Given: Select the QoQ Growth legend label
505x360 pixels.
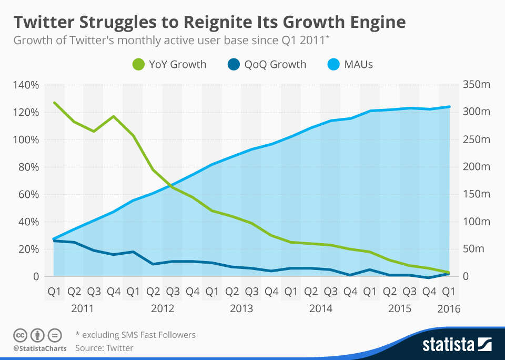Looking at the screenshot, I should click(275, 65).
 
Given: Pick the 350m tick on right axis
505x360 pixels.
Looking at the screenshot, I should click(476, 85).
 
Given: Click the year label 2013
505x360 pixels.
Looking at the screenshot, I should click(241, 308).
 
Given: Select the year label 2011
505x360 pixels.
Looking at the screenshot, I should click(83, 308).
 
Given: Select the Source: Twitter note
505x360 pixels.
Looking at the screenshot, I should click(104, 348).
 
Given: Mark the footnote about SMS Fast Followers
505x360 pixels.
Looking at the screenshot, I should click(136, 335).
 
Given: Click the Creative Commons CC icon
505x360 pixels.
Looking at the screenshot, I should click(19, 335).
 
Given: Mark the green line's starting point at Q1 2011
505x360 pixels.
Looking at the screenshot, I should click(54, 103).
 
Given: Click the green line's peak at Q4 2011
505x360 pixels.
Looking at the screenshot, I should click(114, 116).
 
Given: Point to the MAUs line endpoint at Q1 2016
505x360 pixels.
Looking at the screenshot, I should click(449, 107).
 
